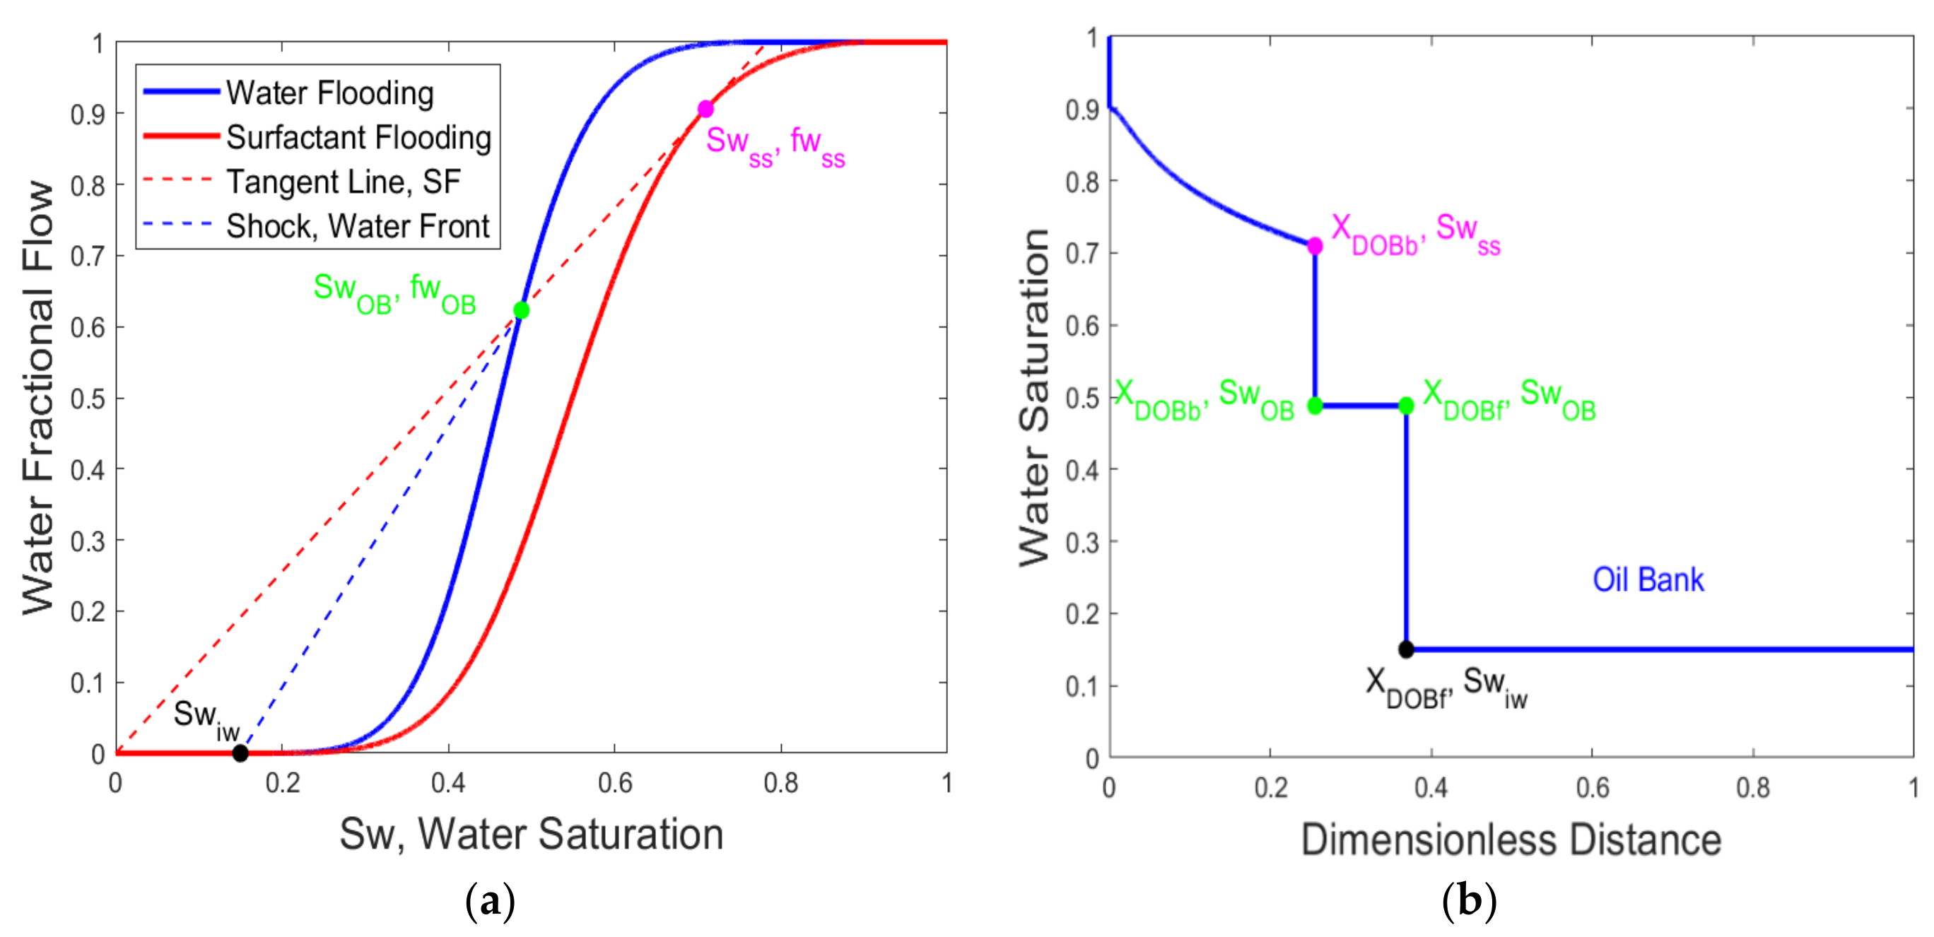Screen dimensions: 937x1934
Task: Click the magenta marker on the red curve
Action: click(x=705, y=110)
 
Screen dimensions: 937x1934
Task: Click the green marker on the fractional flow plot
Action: click(x=521, y=310)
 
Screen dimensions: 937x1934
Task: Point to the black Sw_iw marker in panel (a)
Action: click(x=240, y=753)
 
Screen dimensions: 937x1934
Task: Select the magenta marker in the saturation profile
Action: click(x=1315, y=246)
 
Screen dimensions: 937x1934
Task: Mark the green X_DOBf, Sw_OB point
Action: click(x=1406, y=406)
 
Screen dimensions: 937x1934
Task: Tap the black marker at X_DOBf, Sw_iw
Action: click(x=1406, y=649)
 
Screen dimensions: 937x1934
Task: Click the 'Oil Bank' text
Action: click(x=1648, y=579)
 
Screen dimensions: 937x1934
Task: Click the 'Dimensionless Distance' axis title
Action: click(x=1511, y=839)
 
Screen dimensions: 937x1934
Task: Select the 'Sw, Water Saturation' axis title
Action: click(x=531, y=834)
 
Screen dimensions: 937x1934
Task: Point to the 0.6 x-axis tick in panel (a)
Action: click(x=614, y=784)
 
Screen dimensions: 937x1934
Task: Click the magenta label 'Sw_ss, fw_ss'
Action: click(x=775, y=144)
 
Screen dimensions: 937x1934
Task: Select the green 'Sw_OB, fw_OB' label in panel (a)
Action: click(x=395, y=292)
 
